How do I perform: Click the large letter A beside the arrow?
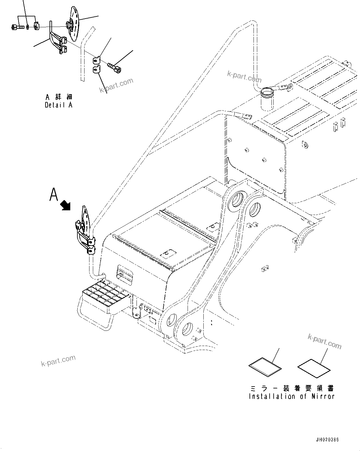click(x=54, y=195)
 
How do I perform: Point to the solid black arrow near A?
click(x=65, y=205)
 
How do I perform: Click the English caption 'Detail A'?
click(x=59, y=105)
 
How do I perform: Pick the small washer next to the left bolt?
click(x=28, y=27)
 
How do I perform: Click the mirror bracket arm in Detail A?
click(x=57, y=42)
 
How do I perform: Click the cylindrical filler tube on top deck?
click(x=267, y=99)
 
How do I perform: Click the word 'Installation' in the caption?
click(x=268, y=396)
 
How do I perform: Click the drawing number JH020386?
click(x=327, y=440)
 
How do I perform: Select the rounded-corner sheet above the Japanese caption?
click(x=265, y=368)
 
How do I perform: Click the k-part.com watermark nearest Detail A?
click(x=116, y=85)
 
